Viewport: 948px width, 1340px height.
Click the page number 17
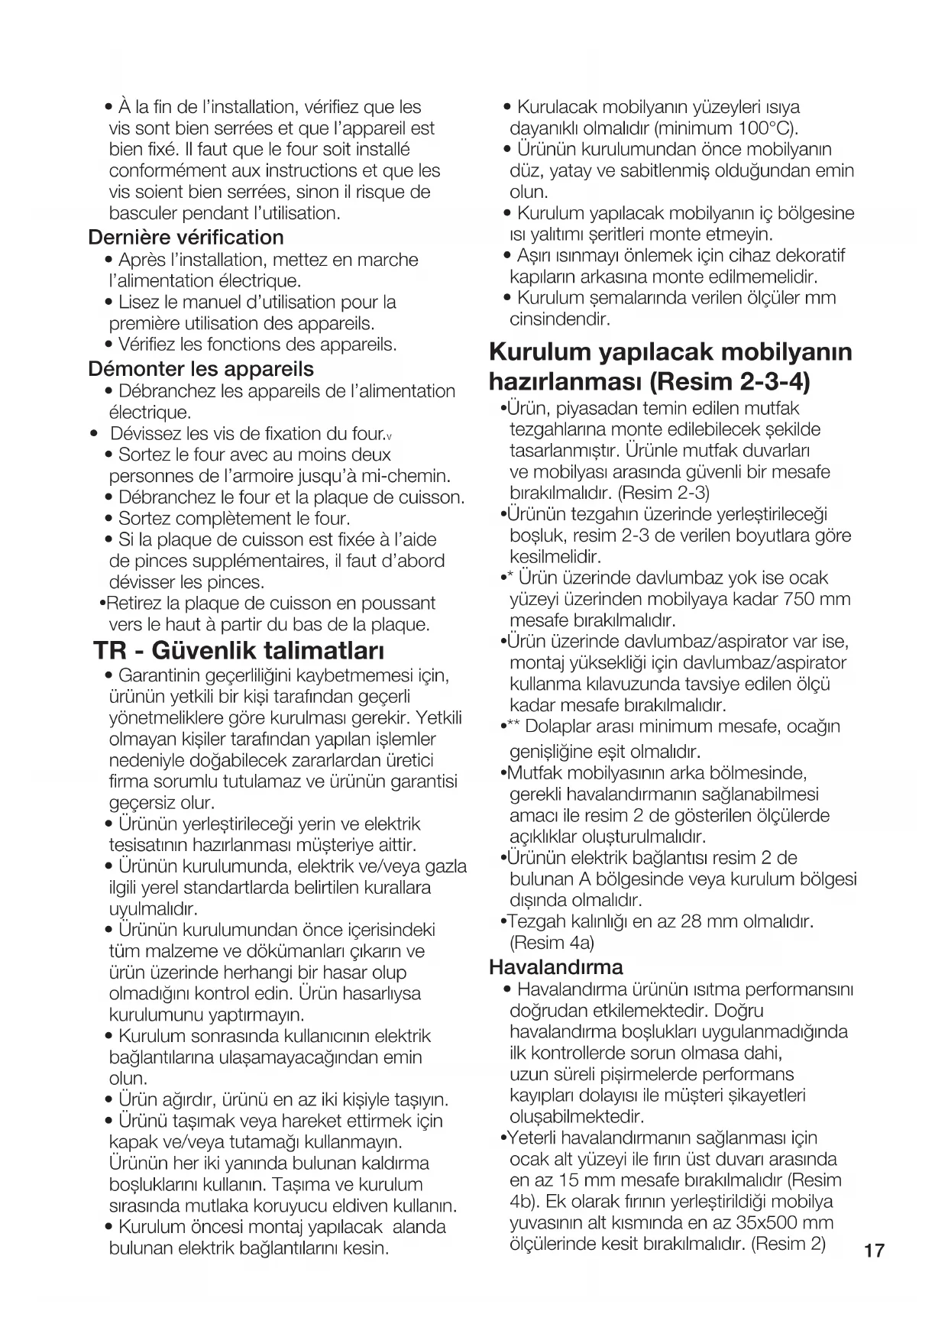pyautogui.click(x=874, y=1251)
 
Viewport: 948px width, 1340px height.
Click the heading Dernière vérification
pyautogui.click(x=186, y=237)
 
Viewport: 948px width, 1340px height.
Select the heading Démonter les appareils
pyautogui.click(x=201, y=369)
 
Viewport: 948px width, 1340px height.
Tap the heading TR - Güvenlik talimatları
pyautogui.click(x=238, y=651)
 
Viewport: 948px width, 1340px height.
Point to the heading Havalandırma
pyautogui.click(x=555, y=967)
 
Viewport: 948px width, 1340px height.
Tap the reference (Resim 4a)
pyautogui.click(x=552, y=942)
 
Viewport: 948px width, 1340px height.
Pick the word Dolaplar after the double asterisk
pyautogui.click(x=559, y=726)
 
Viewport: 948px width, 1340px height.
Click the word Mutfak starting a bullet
pyautogui.click(x=534, y=772)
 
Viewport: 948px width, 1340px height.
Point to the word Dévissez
pyautogui.click(x=145, y=434)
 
